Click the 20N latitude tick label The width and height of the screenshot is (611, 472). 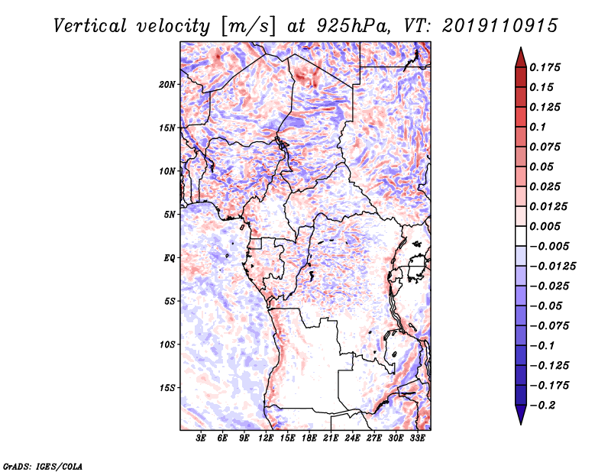(x=167, y=84)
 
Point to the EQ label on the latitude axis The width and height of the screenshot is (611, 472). (x=169, y=257)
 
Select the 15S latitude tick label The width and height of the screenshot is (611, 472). (x=167, y=387)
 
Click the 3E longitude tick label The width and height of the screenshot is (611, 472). (x=201, y=438)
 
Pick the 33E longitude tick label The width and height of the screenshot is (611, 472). (x=418, y=438)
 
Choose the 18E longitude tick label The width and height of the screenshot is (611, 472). (x=309, y=438)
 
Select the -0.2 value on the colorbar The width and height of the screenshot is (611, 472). (x=545, y=405)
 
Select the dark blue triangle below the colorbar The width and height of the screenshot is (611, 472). (x=520, y=415)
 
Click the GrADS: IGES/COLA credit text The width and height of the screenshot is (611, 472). (x=42, y=464)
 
